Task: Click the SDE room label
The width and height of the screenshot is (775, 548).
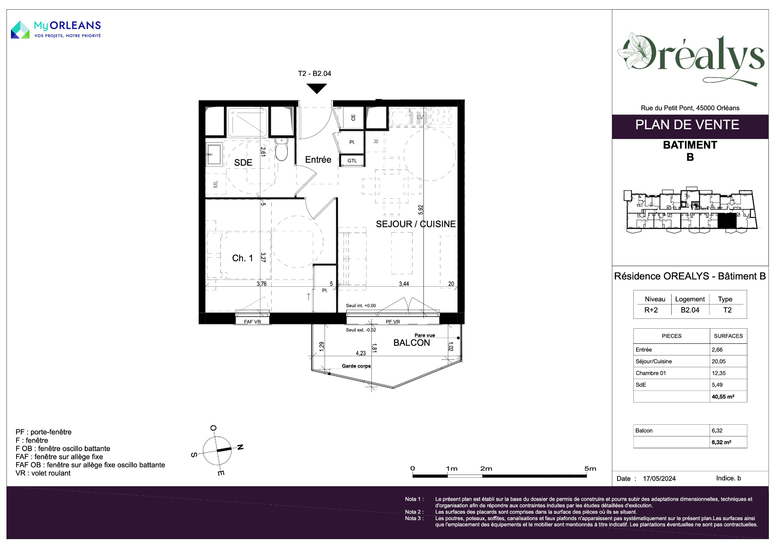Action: [243, 163]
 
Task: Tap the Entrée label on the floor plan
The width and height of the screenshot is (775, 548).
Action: [318, 160]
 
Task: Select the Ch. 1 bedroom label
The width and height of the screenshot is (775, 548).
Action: [242, 258]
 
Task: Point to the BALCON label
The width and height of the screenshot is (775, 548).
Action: [412, 343]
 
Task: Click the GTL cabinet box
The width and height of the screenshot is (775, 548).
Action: [352, 161]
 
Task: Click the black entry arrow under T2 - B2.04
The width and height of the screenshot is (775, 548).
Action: [316, 88]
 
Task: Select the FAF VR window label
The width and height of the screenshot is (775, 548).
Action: [252, 322]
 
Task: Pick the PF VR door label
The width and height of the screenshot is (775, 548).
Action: [393, 322]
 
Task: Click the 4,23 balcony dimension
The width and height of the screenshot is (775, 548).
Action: [361, 353]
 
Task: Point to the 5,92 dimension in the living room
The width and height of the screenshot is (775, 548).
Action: [421, 210]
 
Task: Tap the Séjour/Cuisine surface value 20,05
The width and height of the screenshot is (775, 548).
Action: [718, 361]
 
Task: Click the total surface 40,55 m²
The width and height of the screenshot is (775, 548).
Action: [723, 397]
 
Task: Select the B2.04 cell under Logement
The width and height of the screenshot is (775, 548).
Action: [690, 310]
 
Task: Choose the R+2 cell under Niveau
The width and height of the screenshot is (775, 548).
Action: [651, 310]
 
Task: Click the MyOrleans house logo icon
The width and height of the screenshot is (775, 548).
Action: [20, 30]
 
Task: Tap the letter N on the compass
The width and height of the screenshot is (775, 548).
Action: [240, 447]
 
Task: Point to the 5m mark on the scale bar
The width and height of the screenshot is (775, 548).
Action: [590, 469]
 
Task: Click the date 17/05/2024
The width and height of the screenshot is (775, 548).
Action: [659, 479]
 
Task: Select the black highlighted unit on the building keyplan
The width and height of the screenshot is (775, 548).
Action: [727, 221]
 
